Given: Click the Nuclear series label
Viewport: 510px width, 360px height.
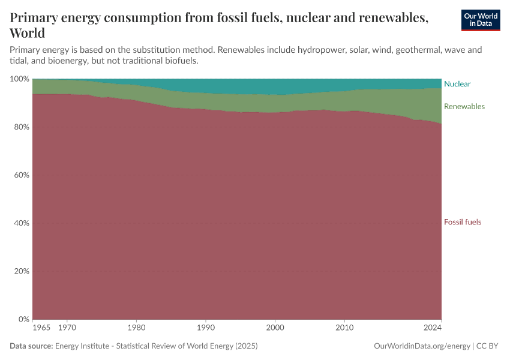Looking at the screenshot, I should click(457, 84).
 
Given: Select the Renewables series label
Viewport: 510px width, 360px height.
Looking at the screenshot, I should click(464, 106).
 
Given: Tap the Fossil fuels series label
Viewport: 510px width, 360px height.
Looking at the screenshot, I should click(462, 222).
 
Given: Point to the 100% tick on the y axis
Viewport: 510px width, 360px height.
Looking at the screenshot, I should click(20, 79).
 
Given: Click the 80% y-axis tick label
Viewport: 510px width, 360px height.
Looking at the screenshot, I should click(22, 127).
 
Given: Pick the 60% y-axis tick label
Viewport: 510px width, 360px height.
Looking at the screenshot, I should click(22, 175).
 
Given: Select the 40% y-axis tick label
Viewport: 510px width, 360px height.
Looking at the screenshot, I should click(22, 223).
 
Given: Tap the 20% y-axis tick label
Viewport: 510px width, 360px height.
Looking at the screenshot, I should click(22, 271).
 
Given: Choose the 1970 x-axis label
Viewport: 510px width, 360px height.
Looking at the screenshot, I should click(67, 328).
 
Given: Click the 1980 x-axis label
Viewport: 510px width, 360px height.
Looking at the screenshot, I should click(136, 328).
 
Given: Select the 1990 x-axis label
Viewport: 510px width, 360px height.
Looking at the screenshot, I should click(206, 328).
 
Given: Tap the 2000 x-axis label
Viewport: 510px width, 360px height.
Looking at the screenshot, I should click(275, 328).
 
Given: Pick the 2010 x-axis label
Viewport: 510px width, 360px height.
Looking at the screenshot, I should click(344, 328).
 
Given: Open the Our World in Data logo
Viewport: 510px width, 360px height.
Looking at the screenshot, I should click(480, 20).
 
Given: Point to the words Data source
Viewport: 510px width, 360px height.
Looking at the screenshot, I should click(31, 346).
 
